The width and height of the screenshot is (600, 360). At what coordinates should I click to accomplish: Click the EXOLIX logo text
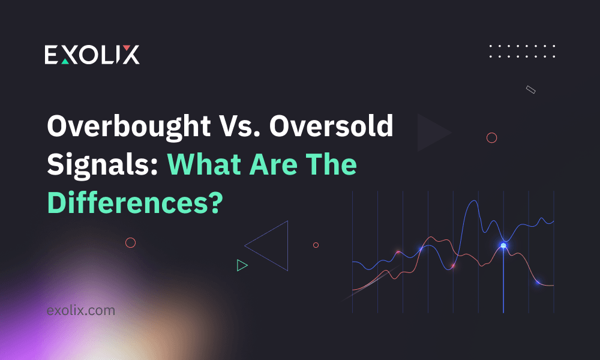coord(92,55)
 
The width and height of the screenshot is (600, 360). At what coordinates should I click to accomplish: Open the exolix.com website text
coord(80,311)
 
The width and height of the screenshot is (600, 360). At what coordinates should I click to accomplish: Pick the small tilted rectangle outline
coord(530,89)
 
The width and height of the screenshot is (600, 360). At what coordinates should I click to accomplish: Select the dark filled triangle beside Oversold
coord(431,133)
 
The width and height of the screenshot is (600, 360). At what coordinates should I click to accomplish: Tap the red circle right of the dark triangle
coord(492,138)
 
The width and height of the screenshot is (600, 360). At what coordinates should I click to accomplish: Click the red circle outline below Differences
coord(130,242)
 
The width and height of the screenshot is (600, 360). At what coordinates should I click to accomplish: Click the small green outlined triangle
coord(242,265)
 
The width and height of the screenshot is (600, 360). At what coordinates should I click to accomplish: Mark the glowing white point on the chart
coord(503,245)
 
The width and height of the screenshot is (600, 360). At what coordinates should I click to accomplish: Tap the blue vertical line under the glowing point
coord(503,282)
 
